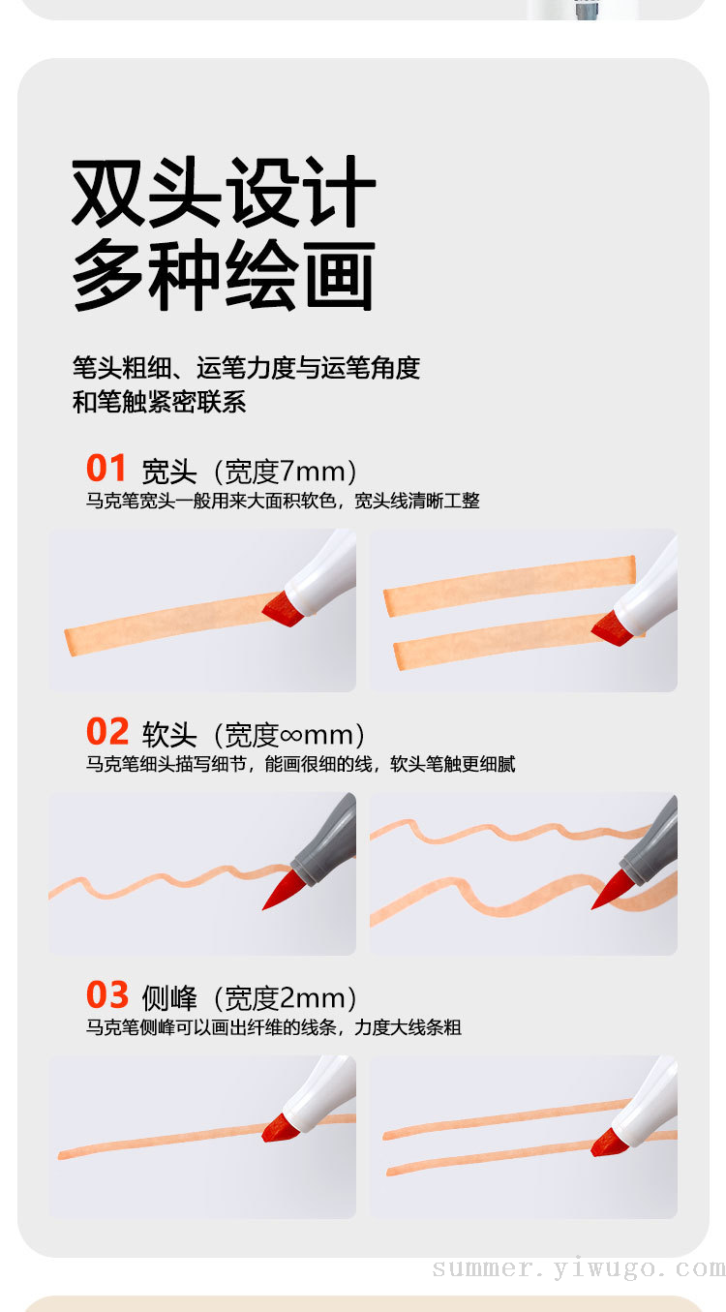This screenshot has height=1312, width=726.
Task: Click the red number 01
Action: point(106,468)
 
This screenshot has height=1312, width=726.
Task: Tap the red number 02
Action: point(107,731)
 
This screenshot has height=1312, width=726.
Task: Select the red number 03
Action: point(107,994)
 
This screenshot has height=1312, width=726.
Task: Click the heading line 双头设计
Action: point(223,192)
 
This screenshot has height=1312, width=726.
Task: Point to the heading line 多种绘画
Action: point(223,274)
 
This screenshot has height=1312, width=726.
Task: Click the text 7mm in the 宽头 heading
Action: point(313,472)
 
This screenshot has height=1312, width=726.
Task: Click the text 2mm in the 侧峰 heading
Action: point(313,998)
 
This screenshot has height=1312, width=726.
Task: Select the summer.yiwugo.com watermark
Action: point(579,1268)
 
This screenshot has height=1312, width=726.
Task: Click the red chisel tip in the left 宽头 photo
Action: point(283,609)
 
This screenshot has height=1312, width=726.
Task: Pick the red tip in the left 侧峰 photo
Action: point(281,1127)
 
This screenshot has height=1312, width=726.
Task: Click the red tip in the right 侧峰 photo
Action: point(609,1143)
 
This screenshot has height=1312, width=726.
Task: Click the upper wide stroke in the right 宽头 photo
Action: point(509,586)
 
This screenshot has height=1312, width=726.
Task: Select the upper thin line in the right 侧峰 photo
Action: point(506,1119)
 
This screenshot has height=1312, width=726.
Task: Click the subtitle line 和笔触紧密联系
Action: point(160,403)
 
